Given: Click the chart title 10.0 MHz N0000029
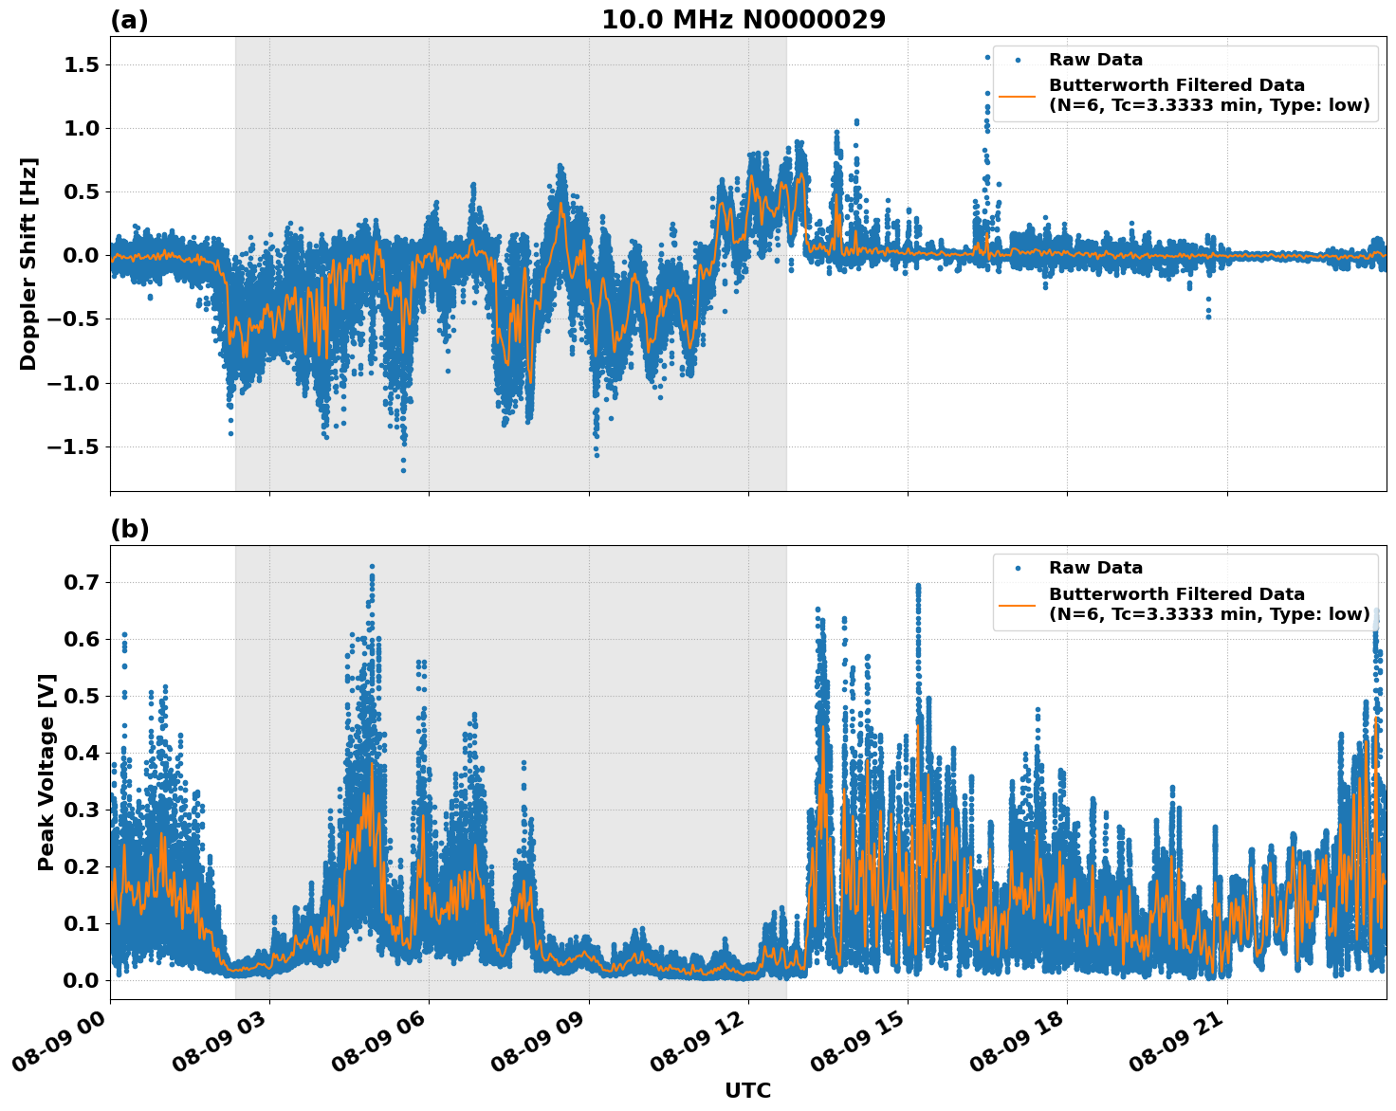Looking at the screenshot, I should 744,20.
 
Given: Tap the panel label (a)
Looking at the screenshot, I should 129,20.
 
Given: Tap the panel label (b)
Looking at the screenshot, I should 129,529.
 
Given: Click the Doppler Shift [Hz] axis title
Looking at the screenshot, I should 28,264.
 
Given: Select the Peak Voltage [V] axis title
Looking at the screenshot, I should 46,772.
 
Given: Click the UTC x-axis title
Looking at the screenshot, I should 747,1090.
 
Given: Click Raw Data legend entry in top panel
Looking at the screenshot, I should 1095,60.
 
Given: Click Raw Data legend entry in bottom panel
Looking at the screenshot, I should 1095,568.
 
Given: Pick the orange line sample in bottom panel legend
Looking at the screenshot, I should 1018,604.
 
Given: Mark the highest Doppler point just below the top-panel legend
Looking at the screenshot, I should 987,57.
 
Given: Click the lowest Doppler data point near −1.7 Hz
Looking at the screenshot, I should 403,470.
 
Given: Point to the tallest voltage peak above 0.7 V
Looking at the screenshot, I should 372,567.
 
